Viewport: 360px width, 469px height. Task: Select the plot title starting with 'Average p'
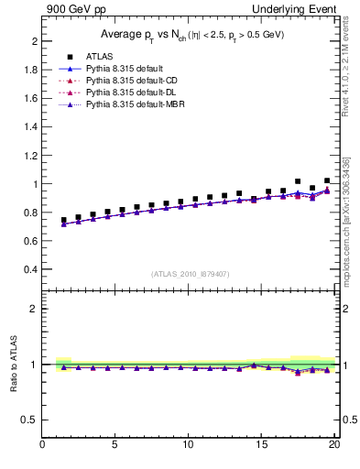click(x=191, y=35)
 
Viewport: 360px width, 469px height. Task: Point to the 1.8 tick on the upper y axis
click(x=31, y=70)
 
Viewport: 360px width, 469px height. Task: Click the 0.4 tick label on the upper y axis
click(x=31, y=270)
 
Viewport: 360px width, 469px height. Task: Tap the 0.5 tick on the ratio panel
click(x=31, y=420)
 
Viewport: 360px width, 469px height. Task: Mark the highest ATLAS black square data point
click(x=298, y=181)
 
